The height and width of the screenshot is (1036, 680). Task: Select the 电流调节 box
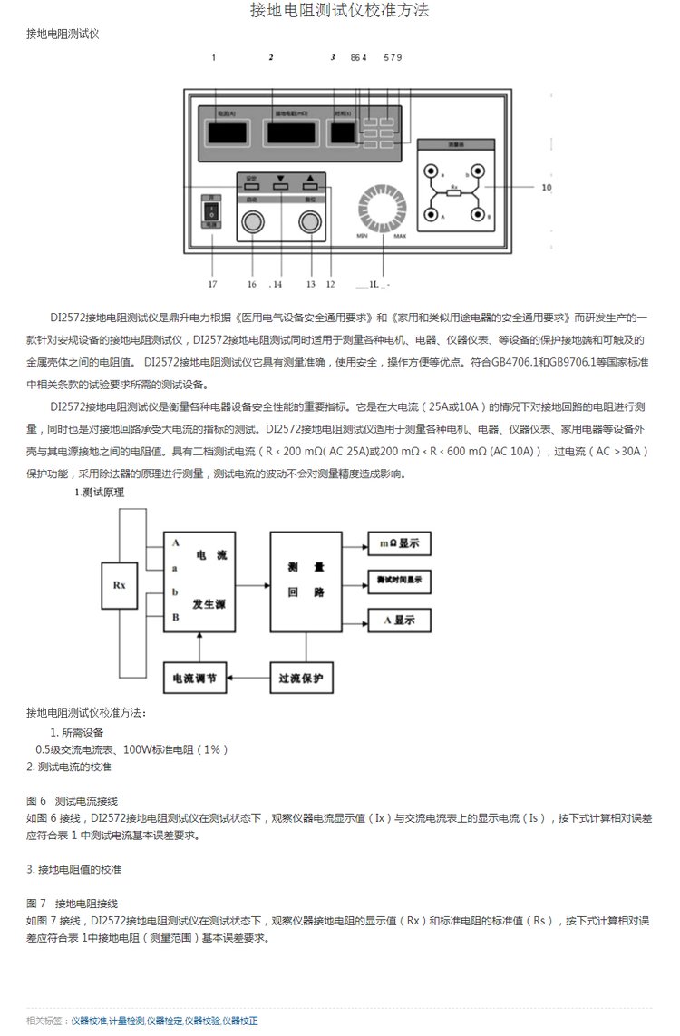195,678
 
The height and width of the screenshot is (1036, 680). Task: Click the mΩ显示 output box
399,543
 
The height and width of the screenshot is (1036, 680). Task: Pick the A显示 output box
399,621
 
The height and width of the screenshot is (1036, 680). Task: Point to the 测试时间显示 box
399,580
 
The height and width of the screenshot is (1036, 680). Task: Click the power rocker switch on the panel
210,211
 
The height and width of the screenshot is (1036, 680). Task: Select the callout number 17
212,284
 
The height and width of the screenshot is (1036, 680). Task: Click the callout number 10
546,189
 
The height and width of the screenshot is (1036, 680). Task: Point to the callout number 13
310,284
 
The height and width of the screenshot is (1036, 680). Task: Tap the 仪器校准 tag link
89,1021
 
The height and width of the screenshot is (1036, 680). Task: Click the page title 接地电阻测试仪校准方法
339,11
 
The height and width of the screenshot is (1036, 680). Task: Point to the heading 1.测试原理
99,493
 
